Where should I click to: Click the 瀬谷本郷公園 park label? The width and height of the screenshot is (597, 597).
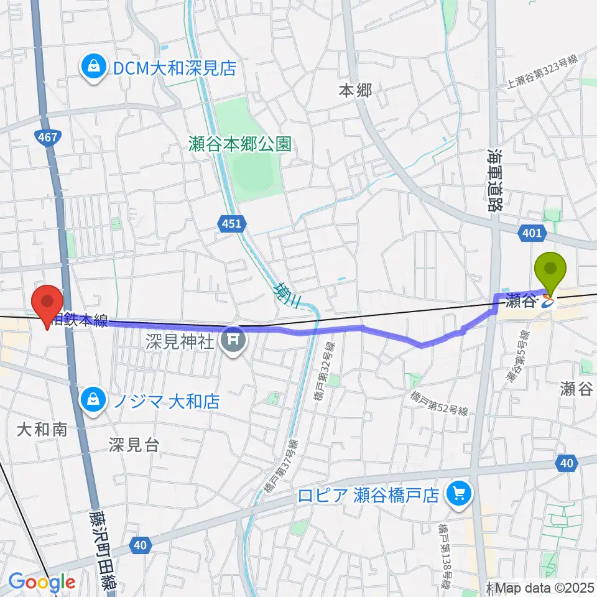(x=240, y=145)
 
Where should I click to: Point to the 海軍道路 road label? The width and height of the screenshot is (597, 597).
(x=495, y=181)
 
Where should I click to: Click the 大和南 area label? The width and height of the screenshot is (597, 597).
(x=42, y=429)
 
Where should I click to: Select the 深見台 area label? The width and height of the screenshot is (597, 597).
(x=134, y=445)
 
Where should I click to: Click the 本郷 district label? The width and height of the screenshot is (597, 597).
(x=355, y=91)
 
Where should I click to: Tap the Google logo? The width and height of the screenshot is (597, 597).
(x=42, y=582)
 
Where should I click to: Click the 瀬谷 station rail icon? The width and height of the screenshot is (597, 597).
(x=548, y=303)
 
